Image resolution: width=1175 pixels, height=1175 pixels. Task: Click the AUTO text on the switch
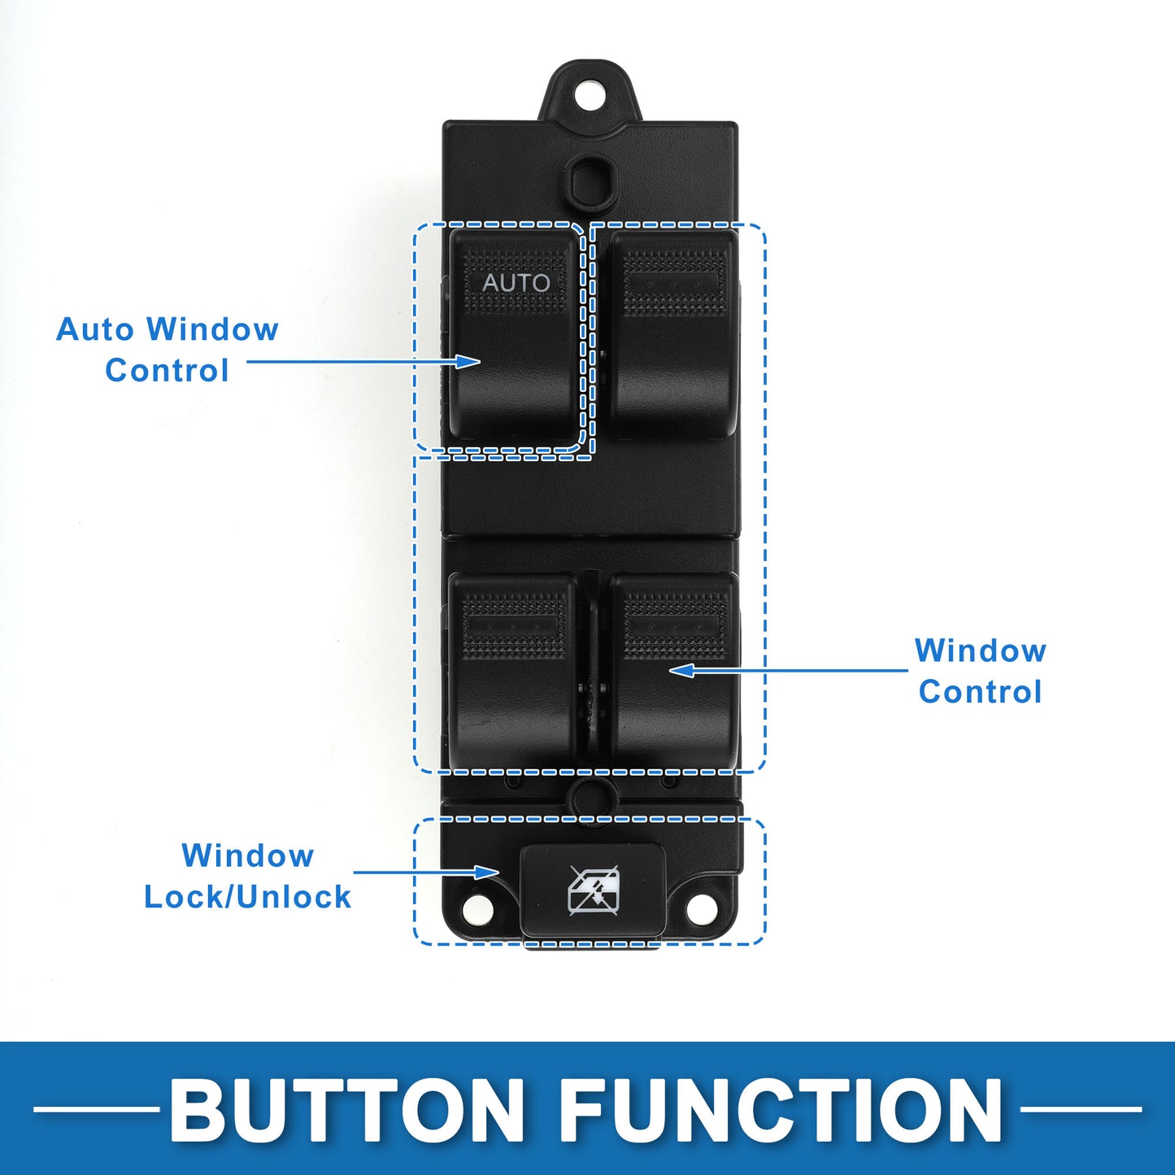[x=516, y=282]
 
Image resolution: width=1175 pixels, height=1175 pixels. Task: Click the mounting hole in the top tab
[x=589, y=94]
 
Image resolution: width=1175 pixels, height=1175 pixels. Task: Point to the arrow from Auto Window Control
[x=363, y=362]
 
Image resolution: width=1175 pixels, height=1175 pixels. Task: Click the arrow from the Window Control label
[x=789, y=671]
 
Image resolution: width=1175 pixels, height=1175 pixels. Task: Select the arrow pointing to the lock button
[x=427, y=872]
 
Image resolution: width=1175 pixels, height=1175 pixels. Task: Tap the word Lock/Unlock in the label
[x=247, y=897]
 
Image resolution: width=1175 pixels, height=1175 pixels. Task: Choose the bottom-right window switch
[x=673, y=671]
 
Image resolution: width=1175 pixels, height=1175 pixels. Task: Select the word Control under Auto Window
[x=167, y=370]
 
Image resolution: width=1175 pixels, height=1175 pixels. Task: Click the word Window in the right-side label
[x=980, y=650]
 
